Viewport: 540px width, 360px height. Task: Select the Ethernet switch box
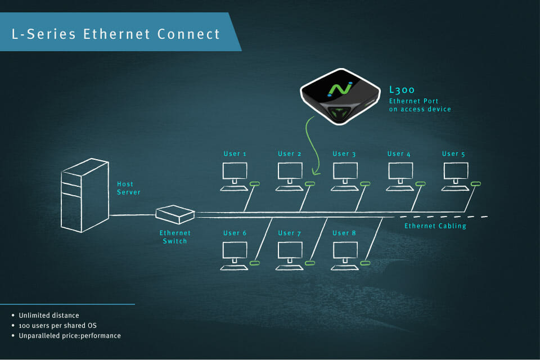(x=175, y=214)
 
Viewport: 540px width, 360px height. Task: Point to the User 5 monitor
(x=455, y=172)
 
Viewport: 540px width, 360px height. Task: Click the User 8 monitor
(x=344, y=251)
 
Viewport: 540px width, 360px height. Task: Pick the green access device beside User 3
(x=364, y=184)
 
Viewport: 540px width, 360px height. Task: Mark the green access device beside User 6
(x=255, y=262)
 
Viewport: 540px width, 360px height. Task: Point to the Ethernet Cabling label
(x=435, y=226)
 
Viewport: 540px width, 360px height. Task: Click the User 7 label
(x=290, y=233)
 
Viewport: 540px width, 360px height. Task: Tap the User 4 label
(x=399, y=154)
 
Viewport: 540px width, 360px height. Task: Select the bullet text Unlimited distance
(x=49, y=315)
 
